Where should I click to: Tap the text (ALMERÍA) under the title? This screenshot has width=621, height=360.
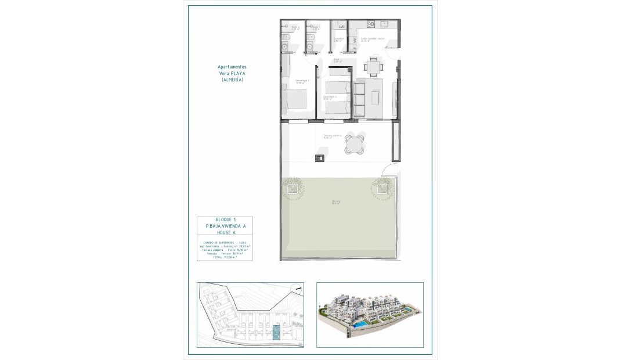coord(232,80)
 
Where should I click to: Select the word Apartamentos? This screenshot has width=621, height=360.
coord(232,67)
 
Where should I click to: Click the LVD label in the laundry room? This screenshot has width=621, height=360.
coord(342,27)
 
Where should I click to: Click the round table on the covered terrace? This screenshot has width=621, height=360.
coord(355,143)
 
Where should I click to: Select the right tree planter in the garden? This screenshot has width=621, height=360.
coord(382,187)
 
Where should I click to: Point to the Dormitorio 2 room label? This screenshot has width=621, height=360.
coord(330,97)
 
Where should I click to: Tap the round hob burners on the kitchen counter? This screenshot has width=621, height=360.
coord(372,24)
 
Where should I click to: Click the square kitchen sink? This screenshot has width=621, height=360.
coord(384,24)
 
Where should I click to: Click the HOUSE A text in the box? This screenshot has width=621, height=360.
coord(216,232)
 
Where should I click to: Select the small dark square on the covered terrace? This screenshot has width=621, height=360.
coord(318,157)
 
